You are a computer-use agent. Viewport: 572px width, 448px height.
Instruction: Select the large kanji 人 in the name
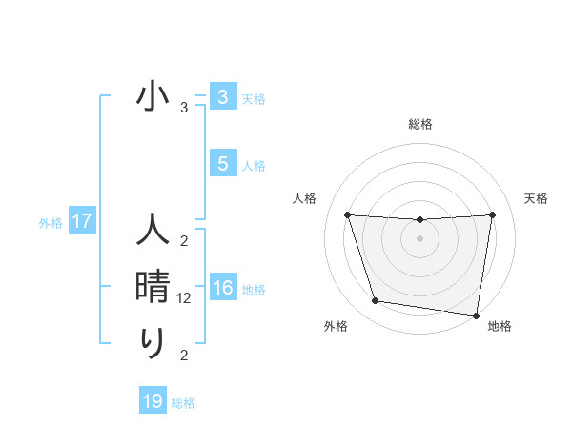[153, 231]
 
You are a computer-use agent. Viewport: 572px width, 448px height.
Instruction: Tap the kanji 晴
[153, 287]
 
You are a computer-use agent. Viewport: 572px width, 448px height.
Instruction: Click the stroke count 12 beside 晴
[184, 298]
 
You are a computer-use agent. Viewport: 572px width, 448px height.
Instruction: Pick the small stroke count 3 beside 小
[184, 108]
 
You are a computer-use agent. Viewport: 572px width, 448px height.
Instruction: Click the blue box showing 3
[222, 97]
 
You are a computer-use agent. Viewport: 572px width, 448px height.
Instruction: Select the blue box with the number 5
[222, 164]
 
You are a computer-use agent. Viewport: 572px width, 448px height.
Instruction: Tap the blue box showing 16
[222, 288]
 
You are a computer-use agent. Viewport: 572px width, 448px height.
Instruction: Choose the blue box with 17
[81, 222]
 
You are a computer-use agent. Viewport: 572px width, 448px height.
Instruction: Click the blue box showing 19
[153, 401]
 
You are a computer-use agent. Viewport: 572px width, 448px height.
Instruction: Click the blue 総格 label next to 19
[183, 403]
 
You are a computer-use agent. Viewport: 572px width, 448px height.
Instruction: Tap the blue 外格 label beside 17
[51, 224]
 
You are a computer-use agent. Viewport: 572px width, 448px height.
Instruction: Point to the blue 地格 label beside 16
[254, 290]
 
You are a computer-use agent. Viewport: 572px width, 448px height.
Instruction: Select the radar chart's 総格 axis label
[419, 124]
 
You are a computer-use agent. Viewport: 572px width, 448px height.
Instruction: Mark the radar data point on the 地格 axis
[477, 315]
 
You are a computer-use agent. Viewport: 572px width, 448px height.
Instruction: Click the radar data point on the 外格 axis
[376, 301]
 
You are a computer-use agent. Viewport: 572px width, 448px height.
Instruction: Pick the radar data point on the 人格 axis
[347, 214]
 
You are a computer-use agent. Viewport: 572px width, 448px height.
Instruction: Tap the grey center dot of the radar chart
[419, 238]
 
